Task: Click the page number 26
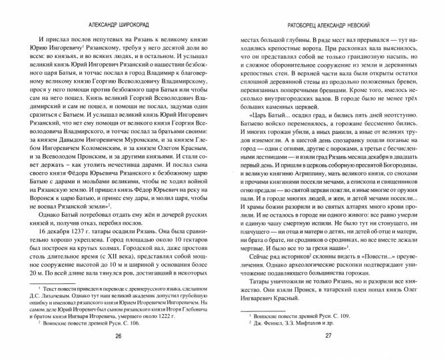118,337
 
